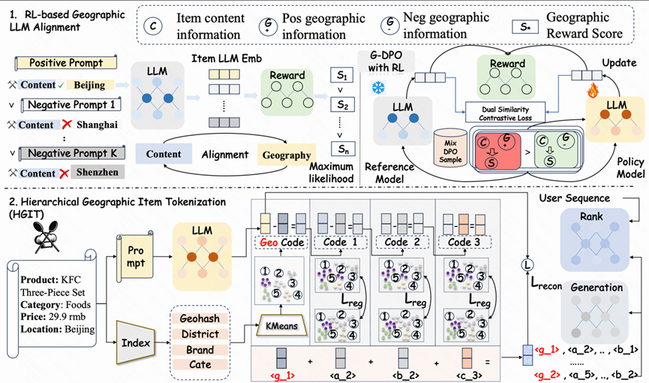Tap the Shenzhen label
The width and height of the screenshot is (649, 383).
tap(97, 173)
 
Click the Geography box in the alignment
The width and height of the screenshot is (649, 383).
tap(286, 155)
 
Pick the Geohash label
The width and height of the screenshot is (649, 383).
tap(200, 318)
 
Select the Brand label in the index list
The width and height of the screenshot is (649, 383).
tap(200, 350)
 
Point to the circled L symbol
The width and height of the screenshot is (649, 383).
tap(527, 264)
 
